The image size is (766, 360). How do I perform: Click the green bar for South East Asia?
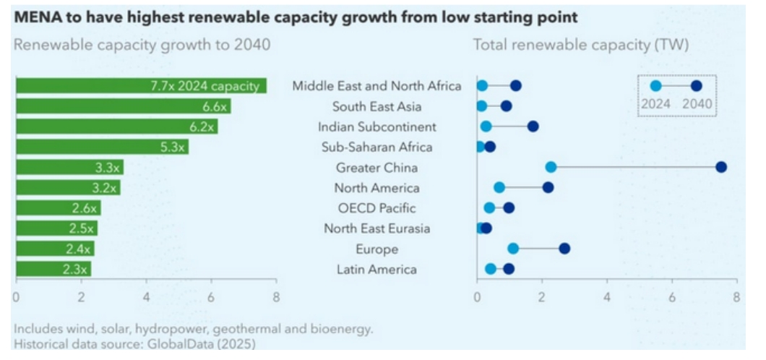pyautogui.click(x=123, y=106)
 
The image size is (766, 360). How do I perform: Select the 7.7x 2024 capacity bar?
pyautogui.click(x=141, y=86)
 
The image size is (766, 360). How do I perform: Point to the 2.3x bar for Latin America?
pyautogui.click(x=53, y=270)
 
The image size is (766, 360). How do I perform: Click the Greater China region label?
pyautogui.click(x=376, y=168)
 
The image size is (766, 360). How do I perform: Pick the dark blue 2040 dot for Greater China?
pyautogui.click(x=720, y=167)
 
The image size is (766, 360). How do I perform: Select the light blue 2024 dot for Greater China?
pyautogui.click(x=551, y=167)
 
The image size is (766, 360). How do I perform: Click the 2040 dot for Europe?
pyautogui.click(x=564, y=249)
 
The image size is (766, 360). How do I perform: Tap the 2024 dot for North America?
pyautogui.click(x=499, y=188)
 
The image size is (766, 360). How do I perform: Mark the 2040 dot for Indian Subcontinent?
pyautogui.click(x=533, y=127)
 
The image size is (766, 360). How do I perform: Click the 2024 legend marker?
pyautogui.click(x=655, y=86)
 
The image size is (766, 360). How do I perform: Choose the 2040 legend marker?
pyautogui.click(x=696, y=86)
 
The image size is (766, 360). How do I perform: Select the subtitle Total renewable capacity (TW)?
pyautogui.click(x=580, y=45)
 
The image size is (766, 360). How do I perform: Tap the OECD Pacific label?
pyautogui.click(x=376, y=208)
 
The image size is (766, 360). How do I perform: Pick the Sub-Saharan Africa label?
pyautogui.click(x=376, y=147)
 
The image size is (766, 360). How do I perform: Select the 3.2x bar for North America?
pyautogui.click(x=68, y=188)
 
